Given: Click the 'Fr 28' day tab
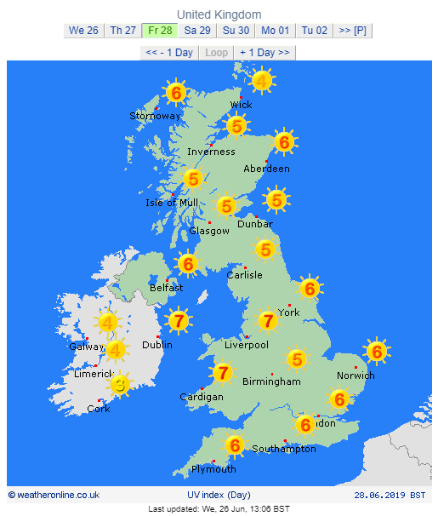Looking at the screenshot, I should click(160, 31).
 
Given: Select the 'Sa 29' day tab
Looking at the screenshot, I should click(198, 31).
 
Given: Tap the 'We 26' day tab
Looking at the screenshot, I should click(83, 31).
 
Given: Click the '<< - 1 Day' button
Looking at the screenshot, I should click(169, 52).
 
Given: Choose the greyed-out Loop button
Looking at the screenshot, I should click(217, 52).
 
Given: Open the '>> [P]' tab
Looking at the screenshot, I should click(352, 31).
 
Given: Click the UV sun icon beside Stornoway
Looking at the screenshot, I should click(176, 92).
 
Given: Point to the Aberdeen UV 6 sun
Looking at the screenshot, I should click(284, 142).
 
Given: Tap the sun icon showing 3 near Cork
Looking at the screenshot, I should click(121, 386).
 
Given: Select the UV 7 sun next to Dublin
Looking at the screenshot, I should click(178, 321).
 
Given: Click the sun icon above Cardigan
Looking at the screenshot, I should click(223, 372).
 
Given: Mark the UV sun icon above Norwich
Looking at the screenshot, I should click(376, 351).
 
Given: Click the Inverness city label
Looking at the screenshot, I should click(211, 152).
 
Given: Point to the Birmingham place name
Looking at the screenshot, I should click(271, 381).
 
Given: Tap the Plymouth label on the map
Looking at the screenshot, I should click(213, 469).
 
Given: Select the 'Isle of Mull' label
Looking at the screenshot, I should click(172, 202).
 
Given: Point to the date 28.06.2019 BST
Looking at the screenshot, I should click(390, 494).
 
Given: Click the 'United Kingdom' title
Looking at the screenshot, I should click(219, 14).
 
